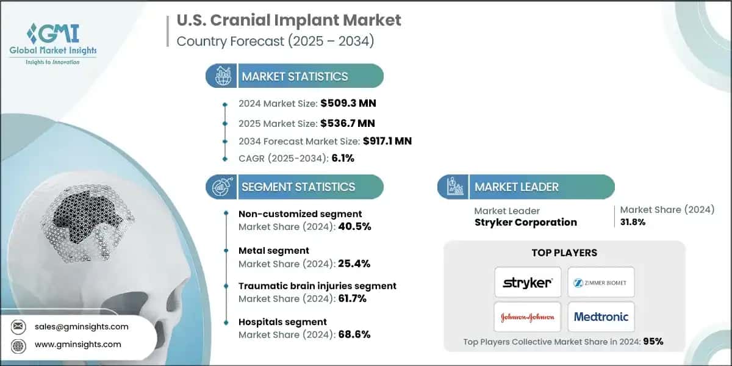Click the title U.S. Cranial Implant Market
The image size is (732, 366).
[x=289, y=20]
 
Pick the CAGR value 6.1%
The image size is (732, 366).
[x=342, y=159]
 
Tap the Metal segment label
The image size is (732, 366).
[x=274, y=250]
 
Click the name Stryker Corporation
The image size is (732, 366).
[x=525, y=222]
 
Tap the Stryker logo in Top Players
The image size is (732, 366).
[x=528, y=282]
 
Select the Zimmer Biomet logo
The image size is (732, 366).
[x=601, y=282]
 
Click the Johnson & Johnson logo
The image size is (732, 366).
[x=528, y=317]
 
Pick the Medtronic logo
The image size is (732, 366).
[x=601, y=317]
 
